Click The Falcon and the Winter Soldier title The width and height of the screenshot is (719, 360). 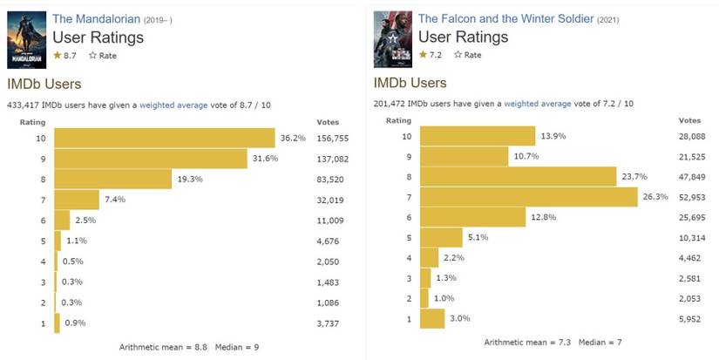pyautogui.click(x=505, y=18)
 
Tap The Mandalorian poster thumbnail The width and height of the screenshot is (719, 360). pyautogui.click(x=25, y=39)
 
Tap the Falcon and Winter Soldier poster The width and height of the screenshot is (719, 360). pyautogui.click(x=391, y=39)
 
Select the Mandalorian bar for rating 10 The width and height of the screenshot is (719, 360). pyautogui.click(x=165, y=138)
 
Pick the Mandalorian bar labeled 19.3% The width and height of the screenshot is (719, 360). pyautogui.click(x=112, y=178)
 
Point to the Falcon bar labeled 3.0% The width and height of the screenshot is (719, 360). pyautogui.click(x=432, y=318)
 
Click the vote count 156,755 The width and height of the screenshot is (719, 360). pyautogui.click(x=338, y=138)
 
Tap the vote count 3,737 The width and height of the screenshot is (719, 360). pyautogui.click(x=338, y=323)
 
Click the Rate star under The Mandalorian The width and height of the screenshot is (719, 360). pyautogui.click(x=93, y=56)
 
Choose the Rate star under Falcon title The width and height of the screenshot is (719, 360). pyautogui.click(x=459, y=56)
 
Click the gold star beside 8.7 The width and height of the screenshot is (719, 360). pyautogui.click(x=58, y=56)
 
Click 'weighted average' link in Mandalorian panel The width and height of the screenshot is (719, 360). pyautogui.click(x=173, y=105)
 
